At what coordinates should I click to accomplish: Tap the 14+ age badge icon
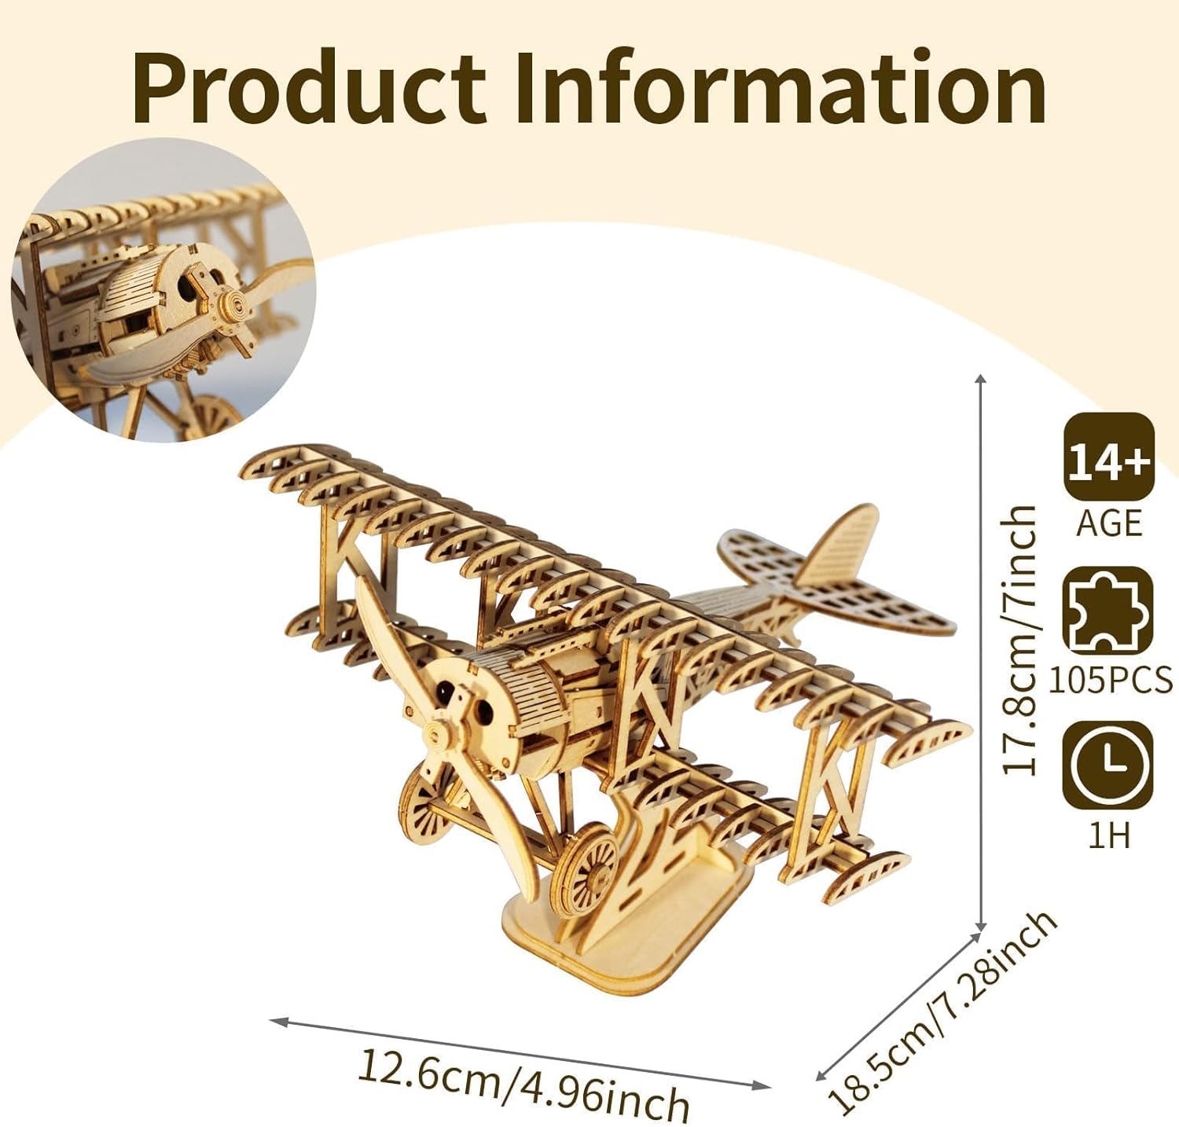[1108, 457]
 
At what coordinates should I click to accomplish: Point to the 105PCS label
[1110, 680]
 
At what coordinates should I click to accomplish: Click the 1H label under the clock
[1108, 834]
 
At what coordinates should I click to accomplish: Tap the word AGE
[1108, 523]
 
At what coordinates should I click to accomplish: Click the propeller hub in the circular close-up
[233, 306]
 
